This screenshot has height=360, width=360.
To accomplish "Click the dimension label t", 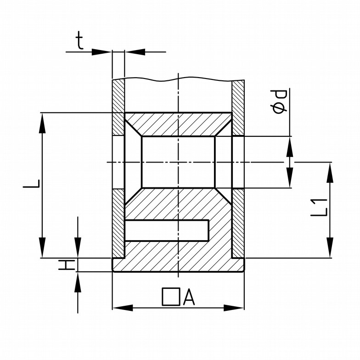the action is [x=80, y=40].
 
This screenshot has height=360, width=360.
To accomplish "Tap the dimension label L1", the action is [x=319, y=208].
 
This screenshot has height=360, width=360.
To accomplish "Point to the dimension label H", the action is [x=67, y=265].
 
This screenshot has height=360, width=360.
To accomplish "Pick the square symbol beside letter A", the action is [x=171, y=297].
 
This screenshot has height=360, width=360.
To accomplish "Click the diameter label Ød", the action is [x=279, y=102].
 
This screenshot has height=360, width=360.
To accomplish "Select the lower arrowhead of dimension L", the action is [x=42, y=248].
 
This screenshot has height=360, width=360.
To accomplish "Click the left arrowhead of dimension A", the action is [x=123, y=308].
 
